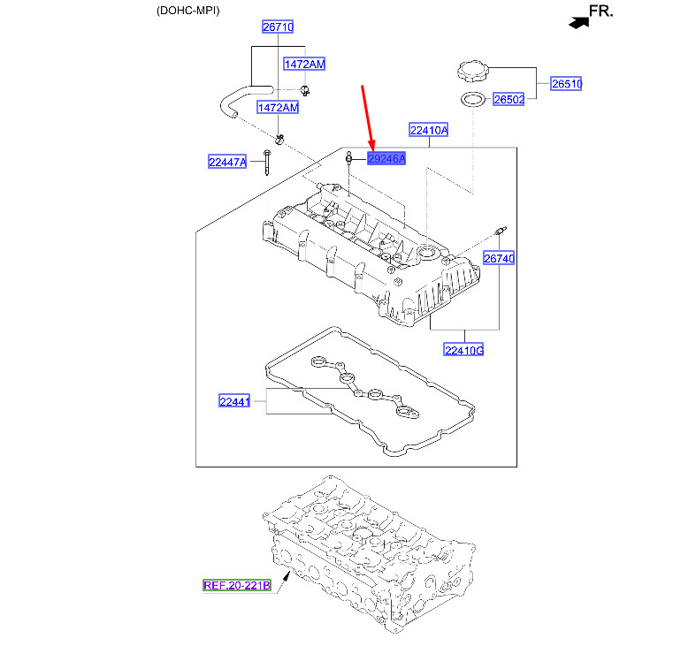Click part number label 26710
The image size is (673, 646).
tap(278, 27)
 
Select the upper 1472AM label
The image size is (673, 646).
tap(304, 64)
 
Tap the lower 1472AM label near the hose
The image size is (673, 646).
tap(278, 107)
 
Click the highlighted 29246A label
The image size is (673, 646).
tap(386, 159)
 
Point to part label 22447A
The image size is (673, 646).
tap(227, 162)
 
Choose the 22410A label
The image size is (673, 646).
tap(428, 130)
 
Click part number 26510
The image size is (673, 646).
tap(566, 84)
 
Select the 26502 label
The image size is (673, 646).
tap(509, 100)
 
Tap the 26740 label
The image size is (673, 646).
tap(499, 258)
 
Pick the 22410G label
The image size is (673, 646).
tap(463, 350)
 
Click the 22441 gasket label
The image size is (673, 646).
tap(234, 401)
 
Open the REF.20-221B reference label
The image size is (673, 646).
tap(237, 585)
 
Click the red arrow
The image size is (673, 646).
tap(368, 118)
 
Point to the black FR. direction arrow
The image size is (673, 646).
tap(579, 22)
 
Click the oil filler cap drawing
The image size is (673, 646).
tap(472, 72)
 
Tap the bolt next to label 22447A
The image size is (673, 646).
tap(267, 162)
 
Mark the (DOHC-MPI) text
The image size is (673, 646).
tap(188, 11)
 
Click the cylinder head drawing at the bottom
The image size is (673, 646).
tap(368, 553)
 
